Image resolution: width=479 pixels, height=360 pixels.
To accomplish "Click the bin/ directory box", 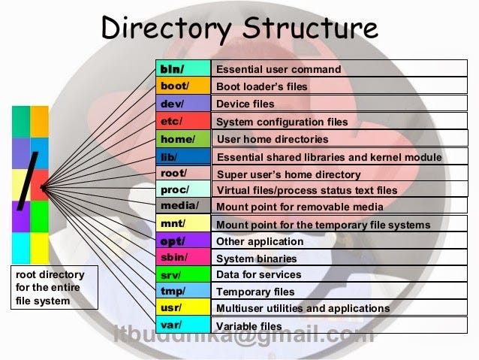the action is [x=183, y=68].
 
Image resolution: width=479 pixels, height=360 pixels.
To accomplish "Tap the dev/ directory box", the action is [x=183, y=103].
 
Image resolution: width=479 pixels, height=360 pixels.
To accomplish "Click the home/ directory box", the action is [x=183, y=138].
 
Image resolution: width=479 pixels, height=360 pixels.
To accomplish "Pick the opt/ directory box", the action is [x=183, y=241].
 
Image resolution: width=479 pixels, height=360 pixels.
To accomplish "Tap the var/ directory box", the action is [x=183, y=325].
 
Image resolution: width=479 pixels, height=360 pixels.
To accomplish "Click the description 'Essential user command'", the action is [x=278, y=69].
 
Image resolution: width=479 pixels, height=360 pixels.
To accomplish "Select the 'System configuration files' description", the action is [x=282, y=121].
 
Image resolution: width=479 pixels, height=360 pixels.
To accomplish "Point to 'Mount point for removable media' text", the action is [x=300, y=207].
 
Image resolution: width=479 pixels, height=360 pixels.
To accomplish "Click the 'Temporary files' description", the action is [x=255, y=292].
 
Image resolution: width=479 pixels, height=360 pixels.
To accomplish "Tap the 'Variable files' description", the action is [x=249, y=326].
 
